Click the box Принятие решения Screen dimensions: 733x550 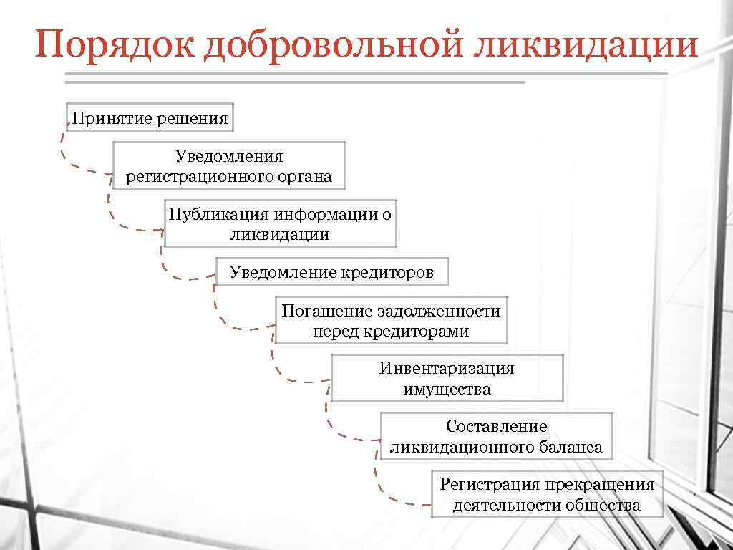click(150, 117)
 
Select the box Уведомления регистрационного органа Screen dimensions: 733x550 click(229, 166)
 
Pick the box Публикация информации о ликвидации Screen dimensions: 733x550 click(280, 223)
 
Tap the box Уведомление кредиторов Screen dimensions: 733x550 click(331, 272)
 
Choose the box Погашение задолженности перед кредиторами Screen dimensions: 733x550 click(391, 320)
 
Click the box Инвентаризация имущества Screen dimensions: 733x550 click(447, 378)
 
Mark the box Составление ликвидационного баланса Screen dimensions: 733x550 click(496, 436)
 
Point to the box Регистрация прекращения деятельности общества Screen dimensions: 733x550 click(547, 494)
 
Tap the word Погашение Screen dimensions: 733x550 click(317, 311)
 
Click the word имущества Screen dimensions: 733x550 click(447, 389)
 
